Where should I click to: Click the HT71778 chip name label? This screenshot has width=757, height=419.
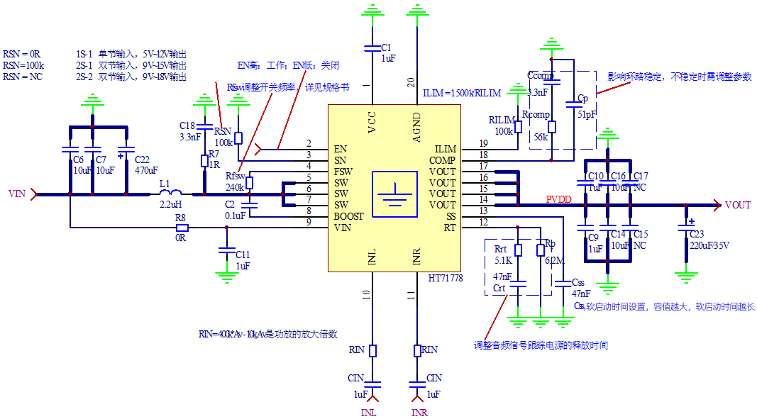click(446, 279)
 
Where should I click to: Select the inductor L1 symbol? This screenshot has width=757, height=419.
click(170, 192)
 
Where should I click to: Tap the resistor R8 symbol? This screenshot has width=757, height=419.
click(182, 228)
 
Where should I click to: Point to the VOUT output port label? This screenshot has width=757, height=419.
click(738, 205)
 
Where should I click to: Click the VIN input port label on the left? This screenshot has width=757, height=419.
click(16, 193)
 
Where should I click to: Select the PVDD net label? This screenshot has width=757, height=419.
click(558, 200)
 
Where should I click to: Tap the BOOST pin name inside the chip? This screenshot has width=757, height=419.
click(350, 216)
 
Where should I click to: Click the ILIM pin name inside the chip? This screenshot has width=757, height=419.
click(446, 150)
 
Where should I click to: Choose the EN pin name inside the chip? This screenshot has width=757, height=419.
click(340, 150)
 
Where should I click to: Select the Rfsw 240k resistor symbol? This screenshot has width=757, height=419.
click(249, 182)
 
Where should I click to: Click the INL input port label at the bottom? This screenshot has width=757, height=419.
click(370, 413)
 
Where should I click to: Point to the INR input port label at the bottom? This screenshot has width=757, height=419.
click(419, 413)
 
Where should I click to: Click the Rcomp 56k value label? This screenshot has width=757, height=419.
click(541, 138)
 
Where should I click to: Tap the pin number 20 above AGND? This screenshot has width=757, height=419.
click(411, 82)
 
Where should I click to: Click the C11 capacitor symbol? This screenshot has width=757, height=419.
click(226, 251)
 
